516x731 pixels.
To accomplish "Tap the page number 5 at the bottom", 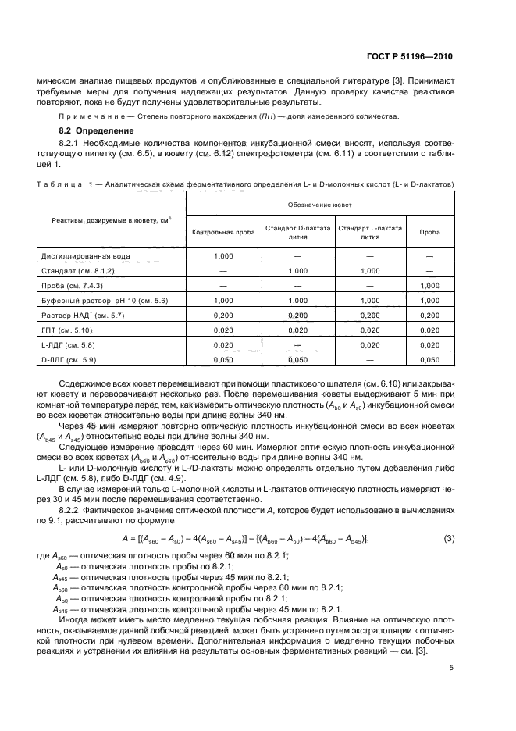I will [x=451, y=668].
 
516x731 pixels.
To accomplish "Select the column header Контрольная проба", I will [x=223, y=233].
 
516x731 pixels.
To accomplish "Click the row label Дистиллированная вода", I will [x=86, y=256].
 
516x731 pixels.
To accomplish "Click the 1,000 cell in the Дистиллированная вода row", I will [x=222, y=256].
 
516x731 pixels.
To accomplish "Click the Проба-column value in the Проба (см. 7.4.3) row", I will [x=429, y=286].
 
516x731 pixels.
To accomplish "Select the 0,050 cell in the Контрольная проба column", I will [x=222, y=359].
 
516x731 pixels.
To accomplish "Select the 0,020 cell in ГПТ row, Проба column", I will [x=429, y=330].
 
